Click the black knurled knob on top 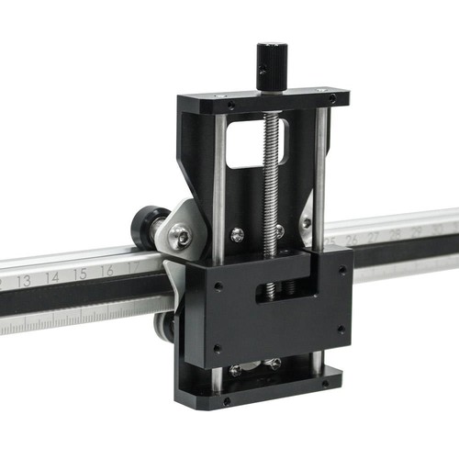pyautogui.click(x=271, y=66)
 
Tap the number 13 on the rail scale pyautogui.click(x=24, y=280)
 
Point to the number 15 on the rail pyautogui.click(x=80, y=274)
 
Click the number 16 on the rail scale pyautogui.click(x=107, y=270)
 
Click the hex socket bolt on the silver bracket pyautogui.click(x=184, y=238)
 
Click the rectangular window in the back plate pyautogui.click(x=256, y=143)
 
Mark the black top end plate pyautogui.click(x=266, y=100)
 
